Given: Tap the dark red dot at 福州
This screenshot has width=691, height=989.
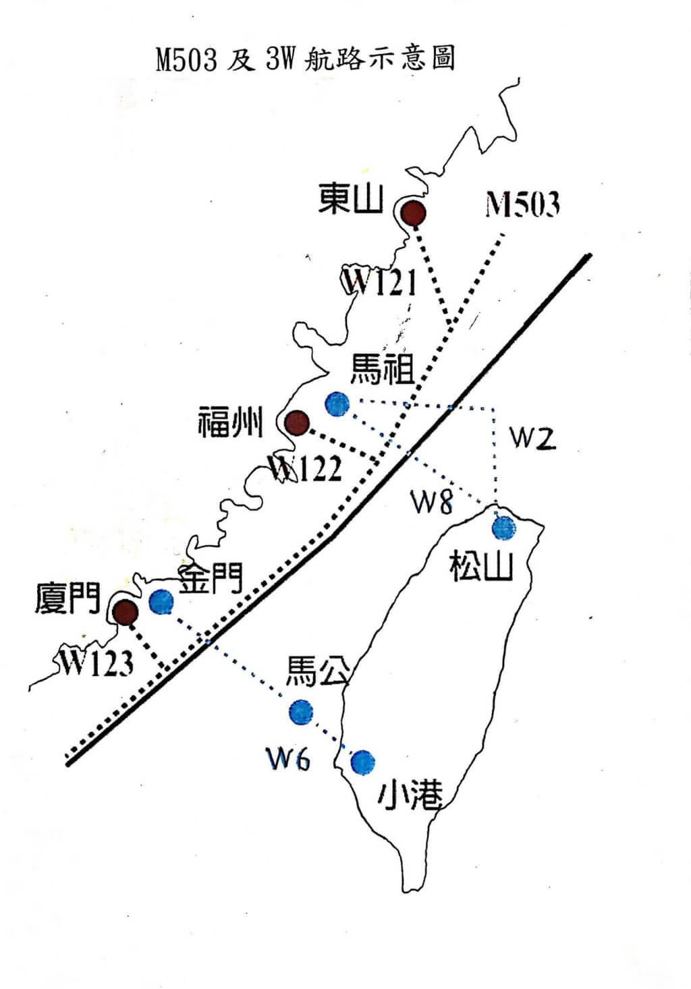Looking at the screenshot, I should pos(296,423).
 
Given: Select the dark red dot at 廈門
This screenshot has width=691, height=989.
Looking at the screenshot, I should pos(125,612).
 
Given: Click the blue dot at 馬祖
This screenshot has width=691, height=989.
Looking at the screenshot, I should pos(337,403).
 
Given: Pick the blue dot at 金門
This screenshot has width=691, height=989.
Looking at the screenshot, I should pos(161,602).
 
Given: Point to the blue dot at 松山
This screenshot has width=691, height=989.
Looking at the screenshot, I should pos(503,528).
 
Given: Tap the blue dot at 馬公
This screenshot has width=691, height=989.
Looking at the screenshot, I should pos(300,711).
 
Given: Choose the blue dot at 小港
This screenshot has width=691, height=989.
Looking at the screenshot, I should pos(363,762).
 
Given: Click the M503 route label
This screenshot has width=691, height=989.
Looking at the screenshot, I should pos(522,204).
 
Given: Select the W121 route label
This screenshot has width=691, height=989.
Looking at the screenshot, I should pos(380,282).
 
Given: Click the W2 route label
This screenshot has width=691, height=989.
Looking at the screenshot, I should pos(532,438).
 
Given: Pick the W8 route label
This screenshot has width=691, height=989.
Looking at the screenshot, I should pos(433,502).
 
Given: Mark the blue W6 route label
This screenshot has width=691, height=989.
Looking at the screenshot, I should pos(288,760).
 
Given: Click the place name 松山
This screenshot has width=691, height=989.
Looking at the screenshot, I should pos(482,566).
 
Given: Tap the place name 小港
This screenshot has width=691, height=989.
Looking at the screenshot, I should pos(410,797).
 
